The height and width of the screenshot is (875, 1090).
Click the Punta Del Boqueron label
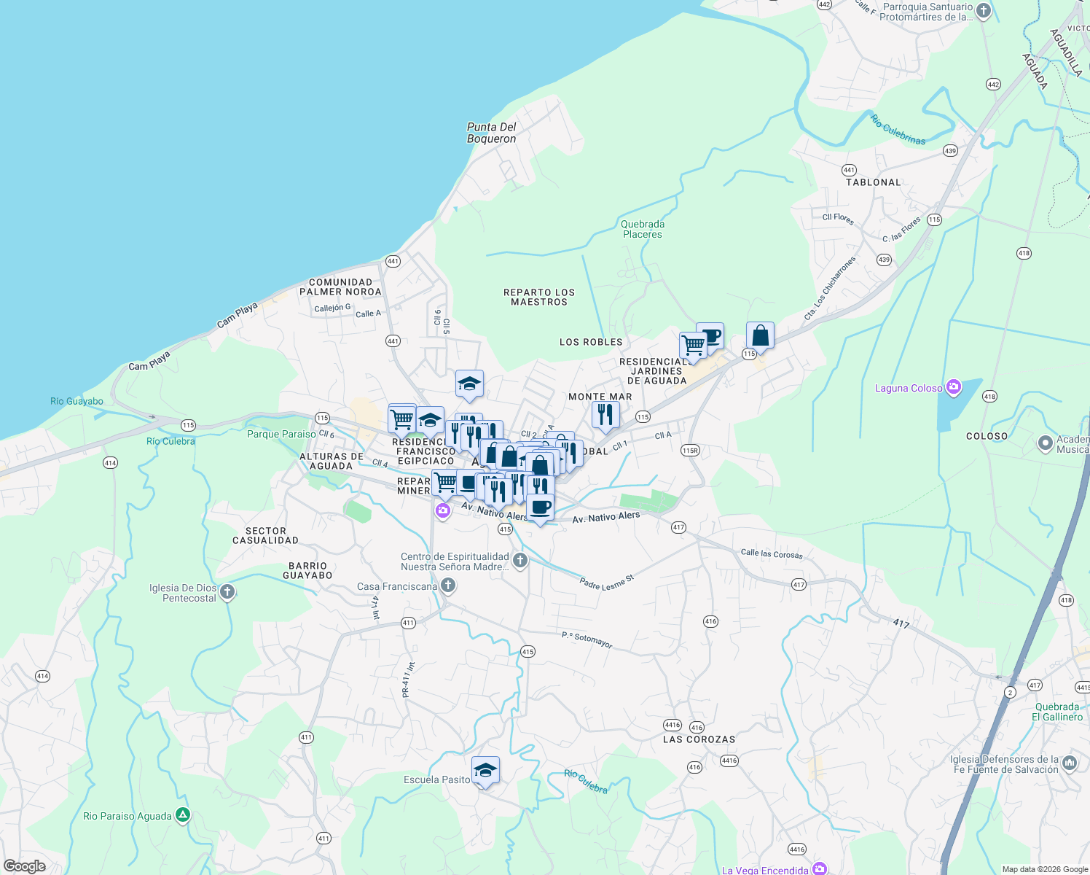[491, 133]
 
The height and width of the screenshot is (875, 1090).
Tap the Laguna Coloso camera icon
[953, 387]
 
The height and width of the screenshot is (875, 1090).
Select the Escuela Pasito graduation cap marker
[485, 771]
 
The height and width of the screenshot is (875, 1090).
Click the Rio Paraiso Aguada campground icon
[183, 815]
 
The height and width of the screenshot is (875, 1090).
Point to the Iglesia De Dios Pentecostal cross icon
[227, 592]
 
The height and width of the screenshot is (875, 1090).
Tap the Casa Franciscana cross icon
[448, 586]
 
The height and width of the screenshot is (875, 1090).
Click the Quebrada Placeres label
[642, 229]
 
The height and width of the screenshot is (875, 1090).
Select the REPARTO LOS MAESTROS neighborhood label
[539, 297]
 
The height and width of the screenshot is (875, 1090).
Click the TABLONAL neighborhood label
[873, 182]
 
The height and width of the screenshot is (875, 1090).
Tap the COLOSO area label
[987, 436]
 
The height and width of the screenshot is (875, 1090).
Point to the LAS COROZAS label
[699, 739]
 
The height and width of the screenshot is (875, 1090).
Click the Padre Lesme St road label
[606, 582]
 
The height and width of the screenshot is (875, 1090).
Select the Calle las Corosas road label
[771, 554]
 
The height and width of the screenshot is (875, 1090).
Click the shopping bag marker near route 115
[760, 336]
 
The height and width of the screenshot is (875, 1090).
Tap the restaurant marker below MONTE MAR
[605, 415]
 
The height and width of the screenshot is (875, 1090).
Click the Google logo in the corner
[25, 866]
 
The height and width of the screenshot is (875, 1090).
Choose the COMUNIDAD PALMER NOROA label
[340, 287]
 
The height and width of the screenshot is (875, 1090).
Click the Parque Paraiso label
[281, 434]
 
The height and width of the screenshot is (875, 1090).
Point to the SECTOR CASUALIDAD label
[265, 535]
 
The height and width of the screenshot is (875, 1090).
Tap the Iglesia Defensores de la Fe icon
[1070, 763]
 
